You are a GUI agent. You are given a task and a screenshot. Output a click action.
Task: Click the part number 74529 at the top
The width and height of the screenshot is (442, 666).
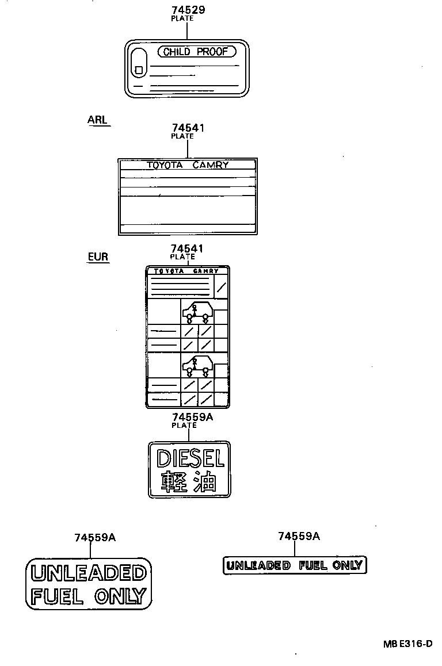188,10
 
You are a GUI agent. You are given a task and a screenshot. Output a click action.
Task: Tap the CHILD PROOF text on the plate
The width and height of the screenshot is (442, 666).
196,52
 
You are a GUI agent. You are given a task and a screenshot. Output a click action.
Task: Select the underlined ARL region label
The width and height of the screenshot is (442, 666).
97,120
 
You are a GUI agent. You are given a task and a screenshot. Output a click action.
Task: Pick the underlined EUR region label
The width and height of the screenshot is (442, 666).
98,257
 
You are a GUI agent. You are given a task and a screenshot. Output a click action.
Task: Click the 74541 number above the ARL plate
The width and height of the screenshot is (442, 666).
188,128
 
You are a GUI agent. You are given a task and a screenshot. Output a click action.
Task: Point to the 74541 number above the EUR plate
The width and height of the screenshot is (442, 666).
187,248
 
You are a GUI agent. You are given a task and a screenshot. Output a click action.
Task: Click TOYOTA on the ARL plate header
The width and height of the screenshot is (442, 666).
165,165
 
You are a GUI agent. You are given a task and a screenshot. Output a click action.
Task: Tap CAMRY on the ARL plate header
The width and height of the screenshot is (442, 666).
211,165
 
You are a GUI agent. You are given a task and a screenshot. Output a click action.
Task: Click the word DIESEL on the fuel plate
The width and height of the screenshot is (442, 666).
190,459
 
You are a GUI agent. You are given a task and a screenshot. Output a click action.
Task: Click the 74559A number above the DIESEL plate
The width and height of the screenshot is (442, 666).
193,417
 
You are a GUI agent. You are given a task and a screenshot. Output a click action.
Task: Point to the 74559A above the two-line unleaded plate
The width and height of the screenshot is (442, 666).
95,538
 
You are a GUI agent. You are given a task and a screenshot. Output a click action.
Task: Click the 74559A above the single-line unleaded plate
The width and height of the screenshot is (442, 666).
299,537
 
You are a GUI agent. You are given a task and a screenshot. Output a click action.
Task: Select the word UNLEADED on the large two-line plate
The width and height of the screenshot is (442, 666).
89,573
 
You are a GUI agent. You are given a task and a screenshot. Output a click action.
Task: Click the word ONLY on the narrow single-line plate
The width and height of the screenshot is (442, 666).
347,565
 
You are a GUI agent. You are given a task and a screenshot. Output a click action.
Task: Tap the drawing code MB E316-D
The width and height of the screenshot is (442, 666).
407,644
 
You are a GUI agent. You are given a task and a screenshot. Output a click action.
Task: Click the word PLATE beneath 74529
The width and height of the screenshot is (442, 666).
182,18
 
